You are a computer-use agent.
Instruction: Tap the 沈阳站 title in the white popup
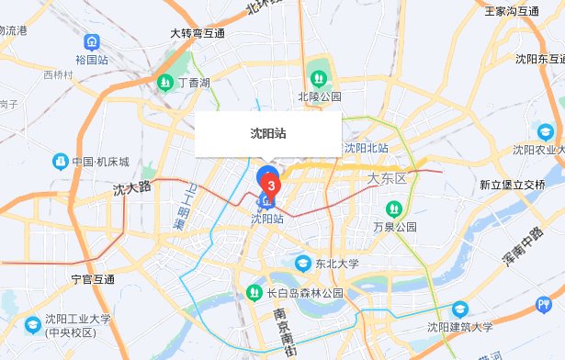268,132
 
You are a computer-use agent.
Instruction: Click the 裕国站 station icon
91,42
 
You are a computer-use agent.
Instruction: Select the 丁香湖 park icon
166,83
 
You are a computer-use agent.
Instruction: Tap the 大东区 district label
386,177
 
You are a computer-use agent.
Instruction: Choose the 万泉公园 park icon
393,208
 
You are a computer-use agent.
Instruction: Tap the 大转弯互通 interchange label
198,33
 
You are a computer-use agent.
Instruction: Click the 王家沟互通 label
512,12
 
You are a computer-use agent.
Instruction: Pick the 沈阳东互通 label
539,59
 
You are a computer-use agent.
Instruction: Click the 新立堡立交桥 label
512,185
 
